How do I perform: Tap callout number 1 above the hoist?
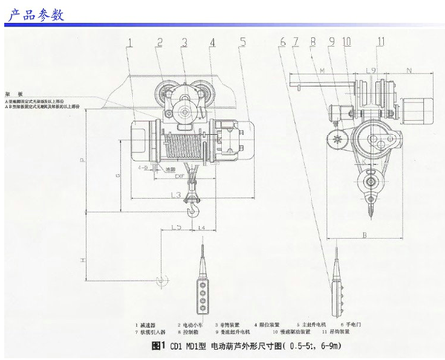point(131,42)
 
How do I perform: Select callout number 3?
point(184,42)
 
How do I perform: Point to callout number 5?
point(240,42)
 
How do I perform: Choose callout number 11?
point(380,42)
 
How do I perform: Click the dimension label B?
point(365,235)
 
